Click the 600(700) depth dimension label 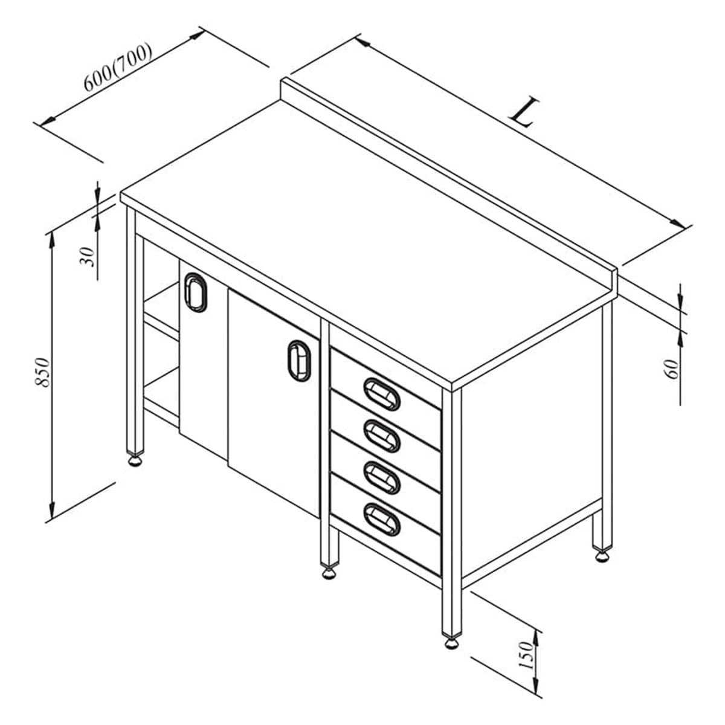118,67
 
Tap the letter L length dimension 523,112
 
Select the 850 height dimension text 42,372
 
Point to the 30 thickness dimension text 87,257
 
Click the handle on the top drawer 381,393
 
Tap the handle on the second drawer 381,436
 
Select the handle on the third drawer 381,477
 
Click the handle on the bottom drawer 381,520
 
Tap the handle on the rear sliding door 195,292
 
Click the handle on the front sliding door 299,361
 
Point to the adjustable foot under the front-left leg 135,461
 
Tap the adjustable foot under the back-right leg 602,556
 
